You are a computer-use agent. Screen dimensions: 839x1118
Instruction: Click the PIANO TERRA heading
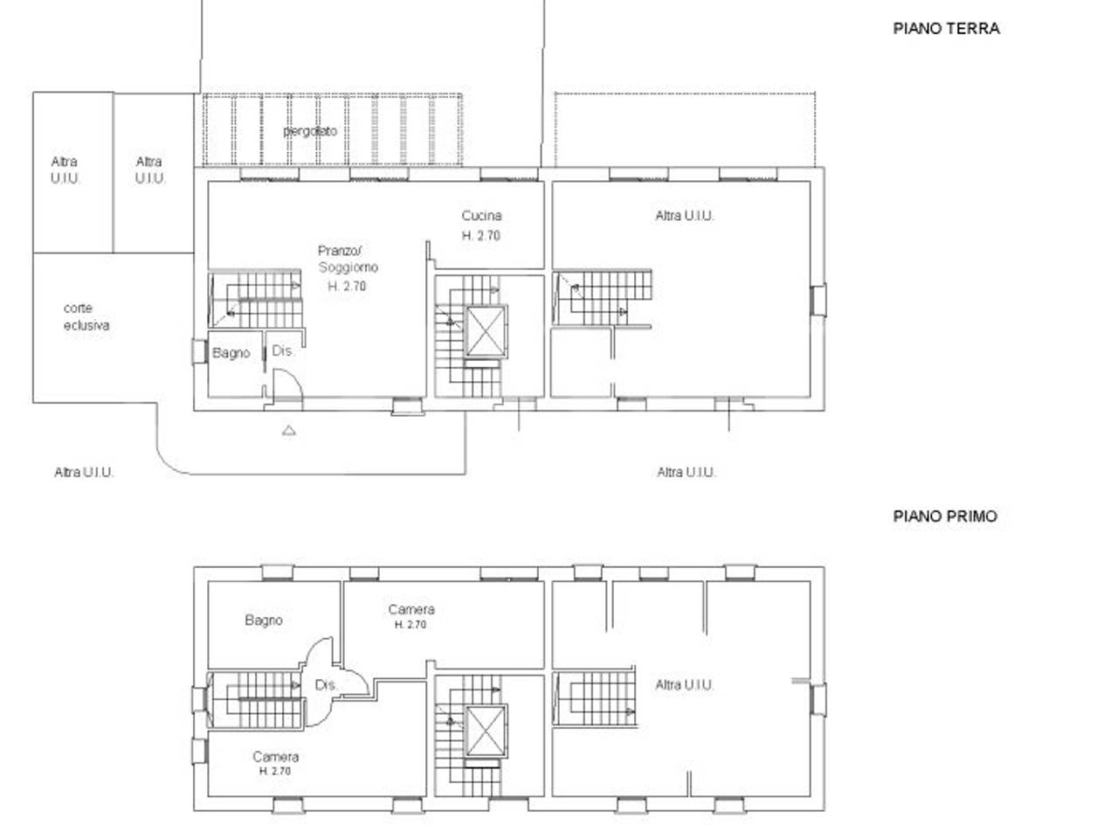945,28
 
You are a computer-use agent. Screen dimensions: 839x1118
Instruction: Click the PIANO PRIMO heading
944,516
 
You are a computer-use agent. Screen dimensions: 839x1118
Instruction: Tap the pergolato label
310,131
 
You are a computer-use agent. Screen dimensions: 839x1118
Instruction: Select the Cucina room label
481,216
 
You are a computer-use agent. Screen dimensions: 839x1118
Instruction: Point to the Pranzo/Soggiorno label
348,260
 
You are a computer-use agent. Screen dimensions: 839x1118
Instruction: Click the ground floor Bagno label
231,353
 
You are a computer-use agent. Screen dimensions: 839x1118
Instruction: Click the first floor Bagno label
263,620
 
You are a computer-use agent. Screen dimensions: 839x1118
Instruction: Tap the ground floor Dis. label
283,351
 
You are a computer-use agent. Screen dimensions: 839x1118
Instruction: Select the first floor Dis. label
326,685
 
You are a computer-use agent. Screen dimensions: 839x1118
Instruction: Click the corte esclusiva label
86,316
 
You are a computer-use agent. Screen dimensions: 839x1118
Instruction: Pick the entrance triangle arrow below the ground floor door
288,430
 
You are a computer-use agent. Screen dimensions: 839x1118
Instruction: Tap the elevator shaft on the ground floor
486,331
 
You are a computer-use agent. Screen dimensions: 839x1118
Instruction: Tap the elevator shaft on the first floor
485,730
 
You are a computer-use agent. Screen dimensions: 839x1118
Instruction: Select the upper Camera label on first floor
411,609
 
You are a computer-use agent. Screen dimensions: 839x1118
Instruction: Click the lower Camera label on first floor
275,757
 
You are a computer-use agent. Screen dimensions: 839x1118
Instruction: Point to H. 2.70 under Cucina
480,235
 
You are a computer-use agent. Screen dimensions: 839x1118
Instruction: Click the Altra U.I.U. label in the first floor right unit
684,685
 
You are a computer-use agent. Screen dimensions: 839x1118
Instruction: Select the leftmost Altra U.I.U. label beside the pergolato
65,170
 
